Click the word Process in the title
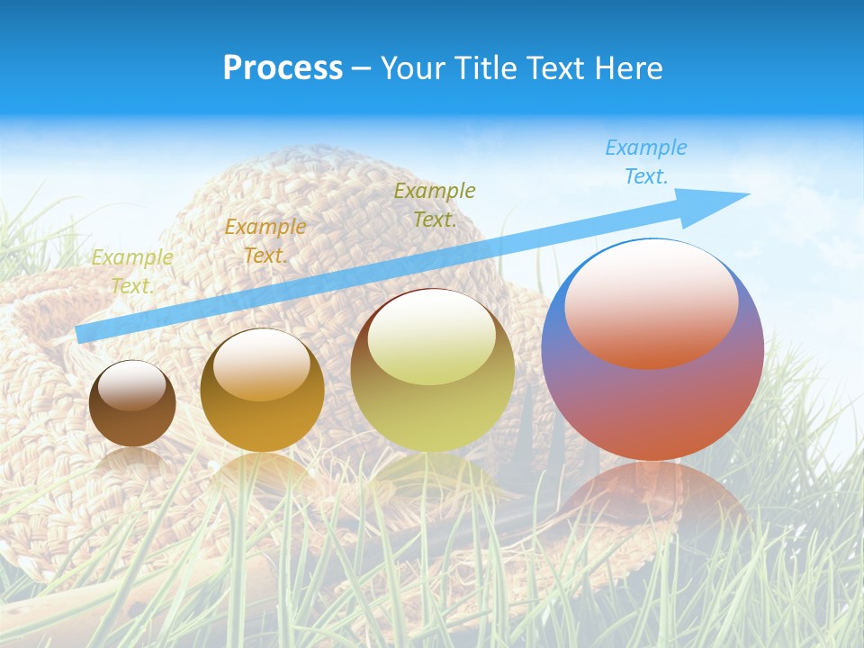coord(283,68)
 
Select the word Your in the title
coord(411,68)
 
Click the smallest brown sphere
coord(132,404)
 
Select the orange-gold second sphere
coord(262,391)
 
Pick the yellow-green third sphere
coord(432,370)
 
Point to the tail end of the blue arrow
coord(81,334)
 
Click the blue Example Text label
coord(645,162)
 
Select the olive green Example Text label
coord(435,204)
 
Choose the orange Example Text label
coord(265,241)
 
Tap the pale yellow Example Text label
coord(132,272)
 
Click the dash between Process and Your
coord(362,68)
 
